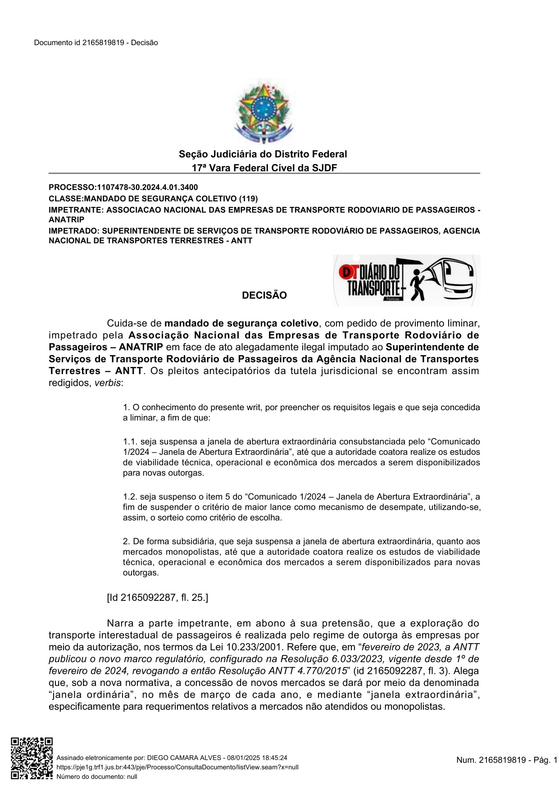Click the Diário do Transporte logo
click(x=406, y=280)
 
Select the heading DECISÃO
click(x=264, y=296)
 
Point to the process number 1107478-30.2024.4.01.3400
click(x=147, y=187)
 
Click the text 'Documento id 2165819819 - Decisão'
click(x=96, y=43)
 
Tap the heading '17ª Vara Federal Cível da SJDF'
click(x=264, y=168)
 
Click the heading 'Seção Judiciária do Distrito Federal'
click(x=263, y=154)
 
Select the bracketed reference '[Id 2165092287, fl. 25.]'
click(x=158, y=598)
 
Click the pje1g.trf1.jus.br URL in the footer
click(x=177, y=767)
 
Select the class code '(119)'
click(x=248, y=199)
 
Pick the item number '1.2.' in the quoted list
click(x=130, y=497)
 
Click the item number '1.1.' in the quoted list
click(x=130, y=441)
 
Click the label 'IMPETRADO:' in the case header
click(x=73, y=231)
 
